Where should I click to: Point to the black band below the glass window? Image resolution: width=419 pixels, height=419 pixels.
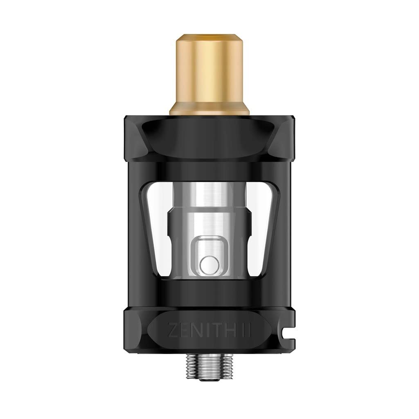coord(209,291)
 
